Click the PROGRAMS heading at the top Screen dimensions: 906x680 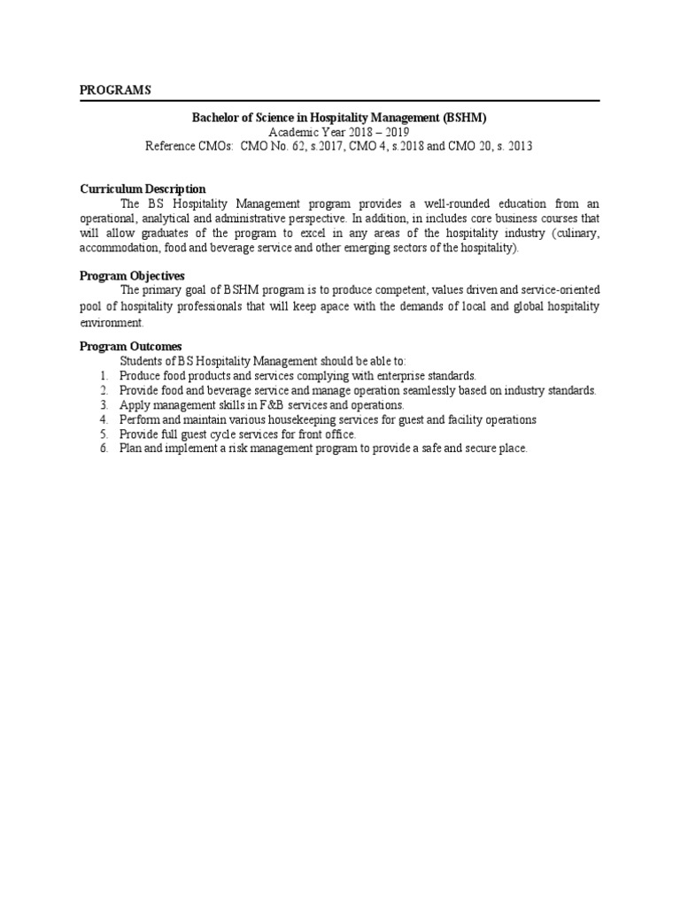click(115, 90)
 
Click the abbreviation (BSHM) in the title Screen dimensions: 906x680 click(461, 116)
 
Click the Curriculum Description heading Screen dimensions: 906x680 click(143, 188)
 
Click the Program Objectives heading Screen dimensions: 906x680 click(132, 276)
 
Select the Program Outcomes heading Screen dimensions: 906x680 click(130, 347)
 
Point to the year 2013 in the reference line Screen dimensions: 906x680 click(519, 146)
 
